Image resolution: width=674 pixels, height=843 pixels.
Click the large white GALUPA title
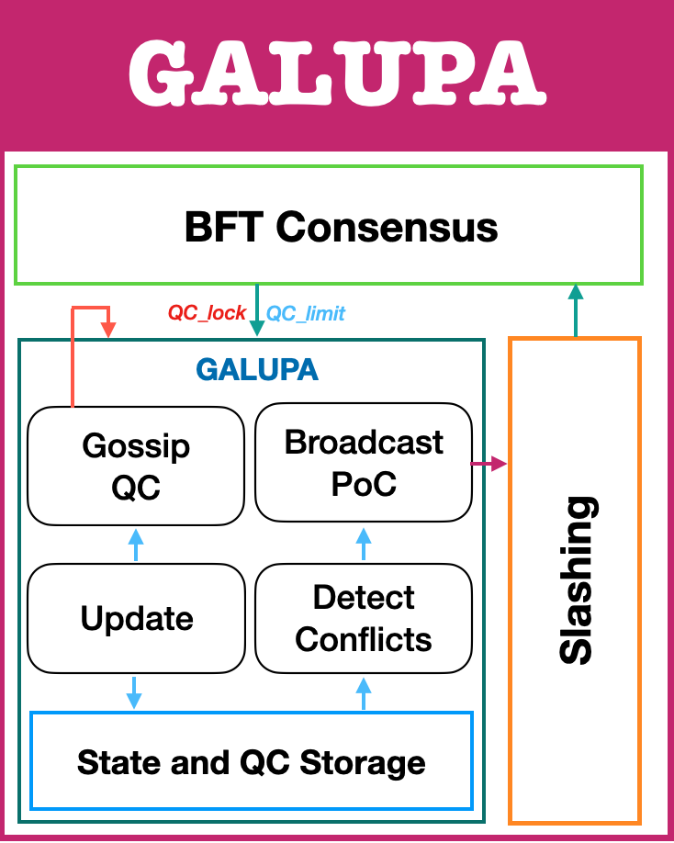point(336,73)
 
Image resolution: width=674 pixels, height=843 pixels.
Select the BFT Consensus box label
point(341,227)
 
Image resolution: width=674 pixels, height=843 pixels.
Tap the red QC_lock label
point(207,313)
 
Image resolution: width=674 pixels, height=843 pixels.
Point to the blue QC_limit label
point(306,313)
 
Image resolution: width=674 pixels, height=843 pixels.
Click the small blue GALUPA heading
point(257,370)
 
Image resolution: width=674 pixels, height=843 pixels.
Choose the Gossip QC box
point(136,465)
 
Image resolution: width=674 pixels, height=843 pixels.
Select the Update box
point(137,618)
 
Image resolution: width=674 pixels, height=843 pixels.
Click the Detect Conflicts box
point(364,617)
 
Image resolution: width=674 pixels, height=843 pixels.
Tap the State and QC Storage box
point(252,762)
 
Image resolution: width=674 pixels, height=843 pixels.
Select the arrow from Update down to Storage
point(135,692)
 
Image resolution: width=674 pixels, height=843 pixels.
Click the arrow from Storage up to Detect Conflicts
point(364,692)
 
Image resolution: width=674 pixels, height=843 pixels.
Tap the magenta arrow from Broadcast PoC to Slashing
point(489,464)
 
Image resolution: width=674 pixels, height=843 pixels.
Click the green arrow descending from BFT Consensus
point(256,312)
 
